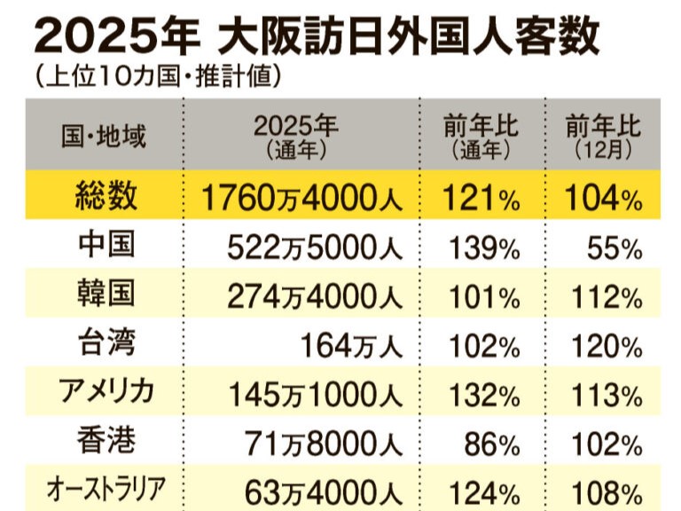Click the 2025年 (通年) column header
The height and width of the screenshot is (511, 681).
pyautogui.click(x=297, y=136)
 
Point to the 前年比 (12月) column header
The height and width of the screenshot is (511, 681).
pyautogui.click(x=603, y=136)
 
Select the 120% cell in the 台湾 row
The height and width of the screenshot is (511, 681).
pyautogui.click(x=603, y=345)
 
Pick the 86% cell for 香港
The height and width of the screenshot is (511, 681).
pyautogui.click(x=492, y=442)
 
